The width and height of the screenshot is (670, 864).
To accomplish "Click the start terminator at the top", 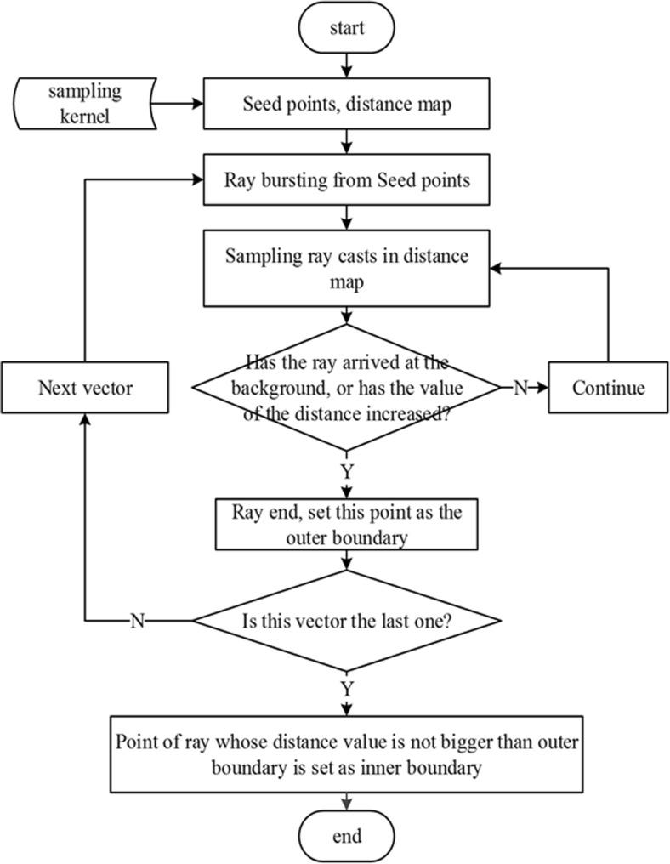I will (346, 28).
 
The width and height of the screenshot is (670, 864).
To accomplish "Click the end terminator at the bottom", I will (346, 836).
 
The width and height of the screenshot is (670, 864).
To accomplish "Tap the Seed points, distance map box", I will (346, 104).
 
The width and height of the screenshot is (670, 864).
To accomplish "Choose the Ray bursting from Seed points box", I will (346, 180).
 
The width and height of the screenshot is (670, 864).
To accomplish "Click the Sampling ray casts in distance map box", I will (346, 268).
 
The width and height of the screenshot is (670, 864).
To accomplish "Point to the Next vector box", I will (85, 388).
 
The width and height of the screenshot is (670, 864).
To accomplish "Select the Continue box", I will (608, 388).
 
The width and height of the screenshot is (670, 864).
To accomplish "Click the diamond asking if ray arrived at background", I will (346, 387).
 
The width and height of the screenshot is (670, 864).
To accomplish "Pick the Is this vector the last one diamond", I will (346, 621).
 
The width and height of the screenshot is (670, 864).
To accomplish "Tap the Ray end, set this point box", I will (346, 525).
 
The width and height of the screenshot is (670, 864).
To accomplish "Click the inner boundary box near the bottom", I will (346, 754).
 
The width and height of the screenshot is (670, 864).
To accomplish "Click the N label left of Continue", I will (519, 388).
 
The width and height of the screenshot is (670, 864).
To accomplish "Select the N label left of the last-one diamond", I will (137, 621).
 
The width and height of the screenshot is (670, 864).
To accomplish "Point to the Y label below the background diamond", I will (347, 469).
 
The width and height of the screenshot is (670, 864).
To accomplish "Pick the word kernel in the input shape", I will (88, 116).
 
